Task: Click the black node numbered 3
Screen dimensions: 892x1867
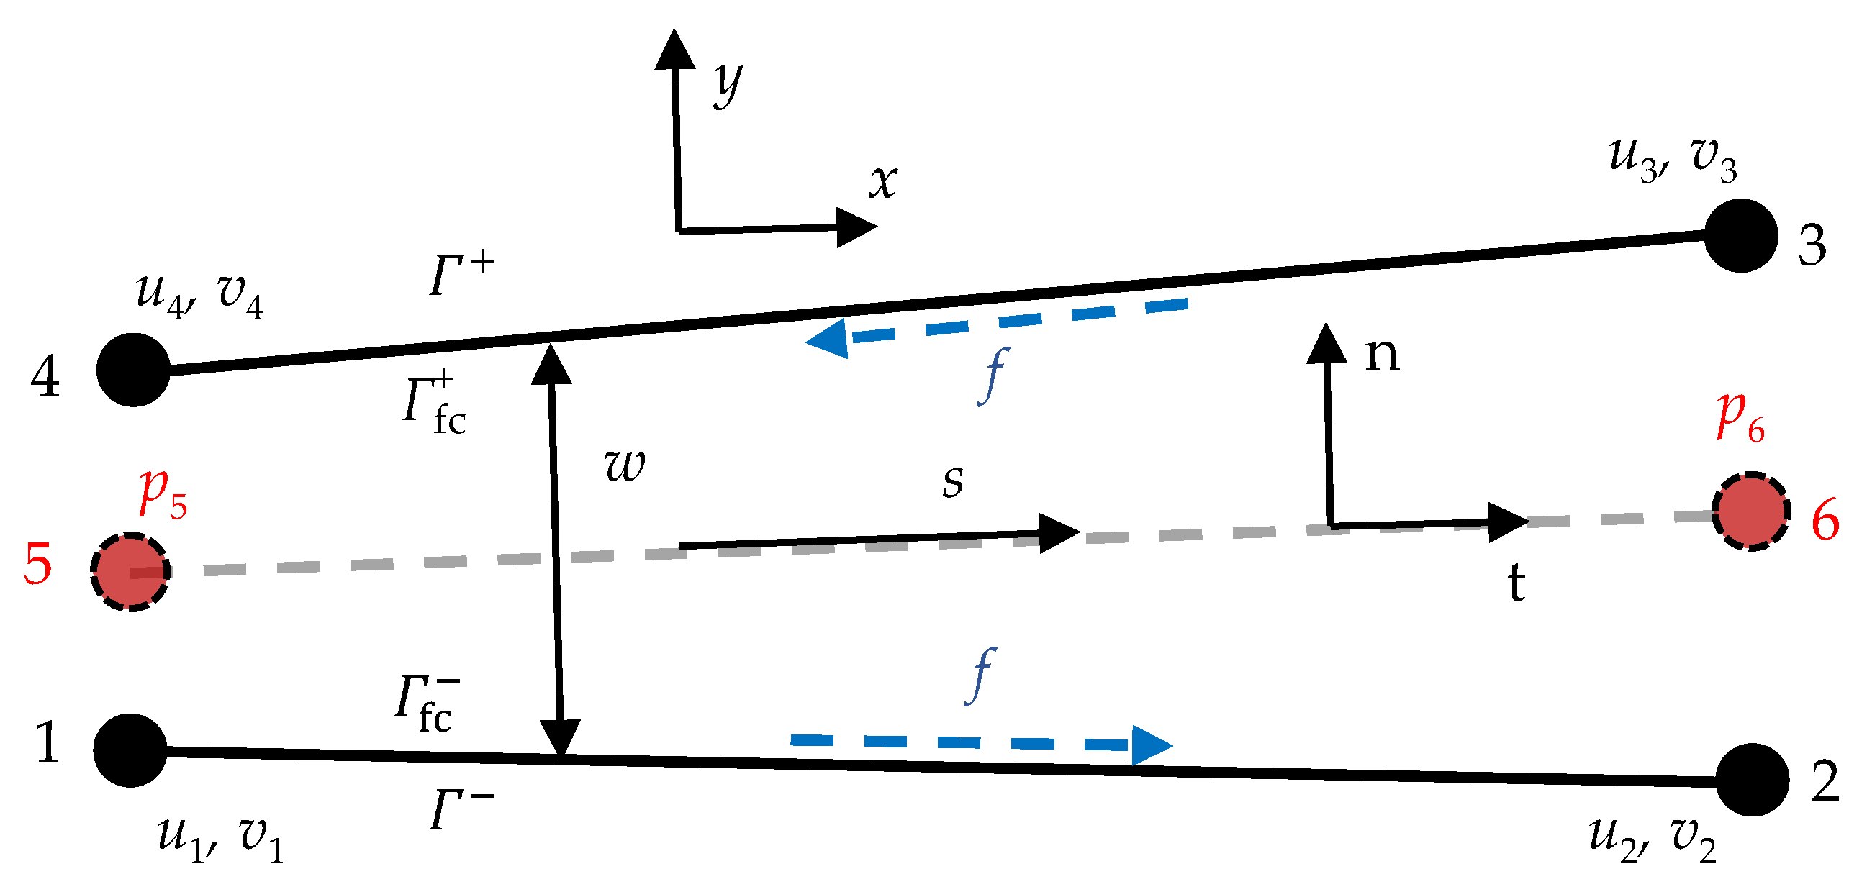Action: coord(1740,236)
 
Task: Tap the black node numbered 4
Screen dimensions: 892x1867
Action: coord(133,370)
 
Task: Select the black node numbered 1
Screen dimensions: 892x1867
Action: coord(130,750)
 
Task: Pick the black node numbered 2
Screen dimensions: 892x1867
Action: coord(1753,780)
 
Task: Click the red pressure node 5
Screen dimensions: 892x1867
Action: coord(130,572)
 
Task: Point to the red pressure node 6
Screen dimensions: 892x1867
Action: coord(1751,511)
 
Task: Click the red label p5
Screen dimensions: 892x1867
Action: coord(163,494)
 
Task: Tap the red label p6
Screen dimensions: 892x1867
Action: coord(1740,418)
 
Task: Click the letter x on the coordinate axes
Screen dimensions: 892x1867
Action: coord(884,181)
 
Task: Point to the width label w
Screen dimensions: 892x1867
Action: coord(624,465)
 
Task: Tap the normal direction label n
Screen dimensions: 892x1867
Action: coord(1382,355)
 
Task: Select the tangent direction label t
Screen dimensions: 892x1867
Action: coord(1516,583)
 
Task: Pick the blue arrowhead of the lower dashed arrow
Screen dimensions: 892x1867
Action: coord(1150,745)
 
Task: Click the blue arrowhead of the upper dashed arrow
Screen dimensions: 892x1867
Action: coord(828,339)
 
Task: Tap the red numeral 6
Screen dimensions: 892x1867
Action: coord(1825,520)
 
